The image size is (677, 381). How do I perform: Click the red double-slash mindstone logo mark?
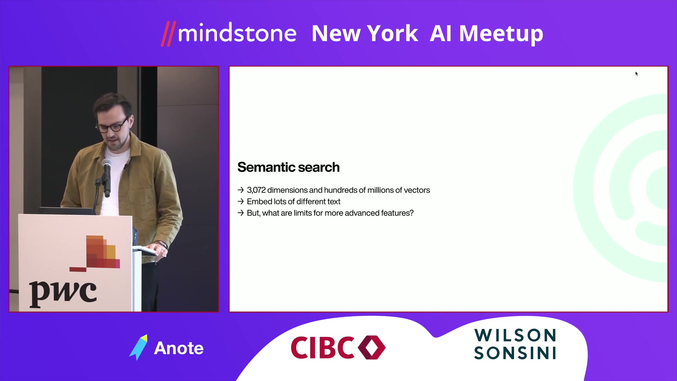click(x=168, y=34)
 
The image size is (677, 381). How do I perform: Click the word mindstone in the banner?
click(x=237, y=33)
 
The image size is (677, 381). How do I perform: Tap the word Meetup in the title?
click(x=501, y=34)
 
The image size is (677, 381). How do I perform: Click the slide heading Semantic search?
click(x=288, y=167)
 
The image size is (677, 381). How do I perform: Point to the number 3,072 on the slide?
click(x=256, y=190)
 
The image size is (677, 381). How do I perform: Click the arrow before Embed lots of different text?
click(x=240, y=201)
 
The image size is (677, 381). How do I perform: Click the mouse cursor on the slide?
click(x=636, y=74)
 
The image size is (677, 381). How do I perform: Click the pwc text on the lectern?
click(x=63, y=292)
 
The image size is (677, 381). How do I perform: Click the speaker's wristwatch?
click(x=162, y=244)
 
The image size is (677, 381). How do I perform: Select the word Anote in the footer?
click(x=179, y=348)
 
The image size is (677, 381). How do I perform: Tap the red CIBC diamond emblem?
click(x=372, y=347)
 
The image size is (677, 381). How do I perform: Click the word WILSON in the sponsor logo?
click(x=515, y=335)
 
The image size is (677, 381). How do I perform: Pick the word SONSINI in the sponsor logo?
click(x=515, y=353)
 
